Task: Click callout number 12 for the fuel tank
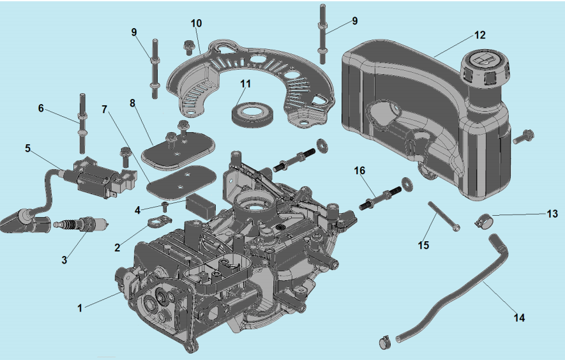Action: coord(480,35)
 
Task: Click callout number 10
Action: coord(197,23)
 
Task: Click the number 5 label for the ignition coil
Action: coord(27,148)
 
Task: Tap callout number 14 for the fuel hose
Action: coord(520,317)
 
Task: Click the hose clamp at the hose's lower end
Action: coord(386,342)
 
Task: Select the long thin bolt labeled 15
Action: coord(442,217)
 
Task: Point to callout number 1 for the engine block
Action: coord(80,308)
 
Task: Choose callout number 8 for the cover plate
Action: coord(133,103)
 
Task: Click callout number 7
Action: coord(105,109)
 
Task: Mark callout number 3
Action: coord(64,260)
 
